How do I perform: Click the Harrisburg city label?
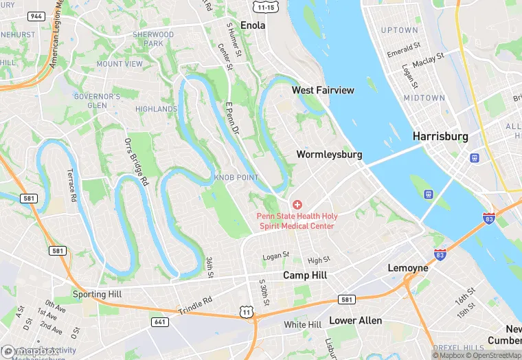pyautogui.click(x=440, y=137)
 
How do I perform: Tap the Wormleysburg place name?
pyautogui.click(x=329, y=155)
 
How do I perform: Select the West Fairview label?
pyautogui.click(x=323, y=90)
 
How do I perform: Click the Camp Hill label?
pyautogui.click(x=305, y=275)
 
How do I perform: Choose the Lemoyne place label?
pyautogui.click(x=408, y=267)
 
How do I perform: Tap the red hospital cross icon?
pyautogui.click(x=297, y=205)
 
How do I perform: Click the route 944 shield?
pyautogui.click(x=37, y=15)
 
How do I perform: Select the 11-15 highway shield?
pyautogui.click(x=265, y=6)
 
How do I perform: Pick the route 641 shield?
pyautogui.click(x=159, y=321)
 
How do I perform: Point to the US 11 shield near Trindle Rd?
pyautogui.click(x=256, y=313)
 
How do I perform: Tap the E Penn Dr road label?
pyautogui.click(x=232, y=117)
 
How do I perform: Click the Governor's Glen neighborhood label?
pyautogui.click(x=97, y=101)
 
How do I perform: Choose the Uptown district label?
pyautogui.click(x=399, y=30)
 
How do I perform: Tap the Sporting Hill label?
pyautogui.click(x=99, y=295)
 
